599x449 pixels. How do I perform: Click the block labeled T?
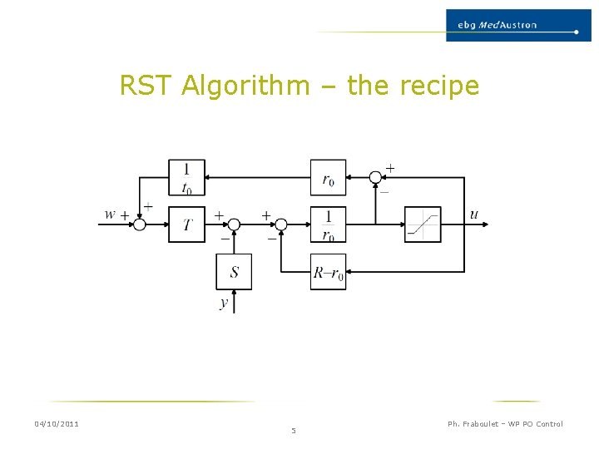[186, 224]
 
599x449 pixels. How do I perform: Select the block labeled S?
[234, 272]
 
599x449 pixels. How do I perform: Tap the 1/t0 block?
[186, 177]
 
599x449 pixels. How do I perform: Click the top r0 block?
[328, 177]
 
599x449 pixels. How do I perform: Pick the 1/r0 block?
[328, 224]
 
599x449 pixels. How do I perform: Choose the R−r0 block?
[328, 272]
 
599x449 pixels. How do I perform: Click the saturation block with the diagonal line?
[423, 224]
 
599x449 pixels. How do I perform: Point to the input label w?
[110, 215]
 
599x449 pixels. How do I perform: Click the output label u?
[474, 215]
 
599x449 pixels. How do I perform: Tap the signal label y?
[224, 303]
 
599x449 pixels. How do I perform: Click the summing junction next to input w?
[140, 224]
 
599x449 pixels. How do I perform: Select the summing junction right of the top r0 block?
[375, 177]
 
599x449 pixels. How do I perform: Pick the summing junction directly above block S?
[234, 224]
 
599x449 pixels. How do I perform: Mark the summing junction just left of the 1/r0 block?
[281, 224]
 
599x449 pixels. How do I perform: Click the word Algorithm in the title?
[244, 86]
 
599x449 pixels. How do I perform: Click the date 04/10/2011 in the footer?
[57, 424]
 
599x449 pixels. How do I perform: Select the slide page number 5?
[293, 431]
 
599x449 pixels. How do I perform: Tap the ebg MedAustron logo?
[517, 25]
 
